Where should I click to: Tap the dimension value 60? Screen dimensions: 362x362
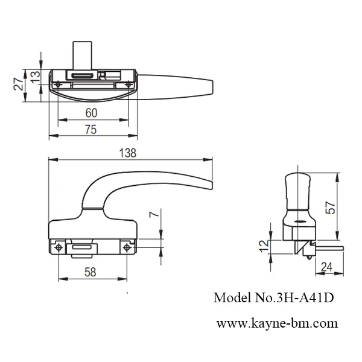tap(91, 113)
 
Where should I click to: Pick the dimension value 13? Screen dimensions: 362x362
tap(34, 77)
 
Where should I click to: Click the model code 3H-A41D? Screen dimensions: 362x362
tap(305, 298)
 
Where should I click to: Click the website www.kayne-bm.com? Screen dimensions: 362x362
tap(277, 323)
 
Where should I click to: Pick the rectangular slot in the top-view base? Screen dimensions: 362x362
tap(81, 75)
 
